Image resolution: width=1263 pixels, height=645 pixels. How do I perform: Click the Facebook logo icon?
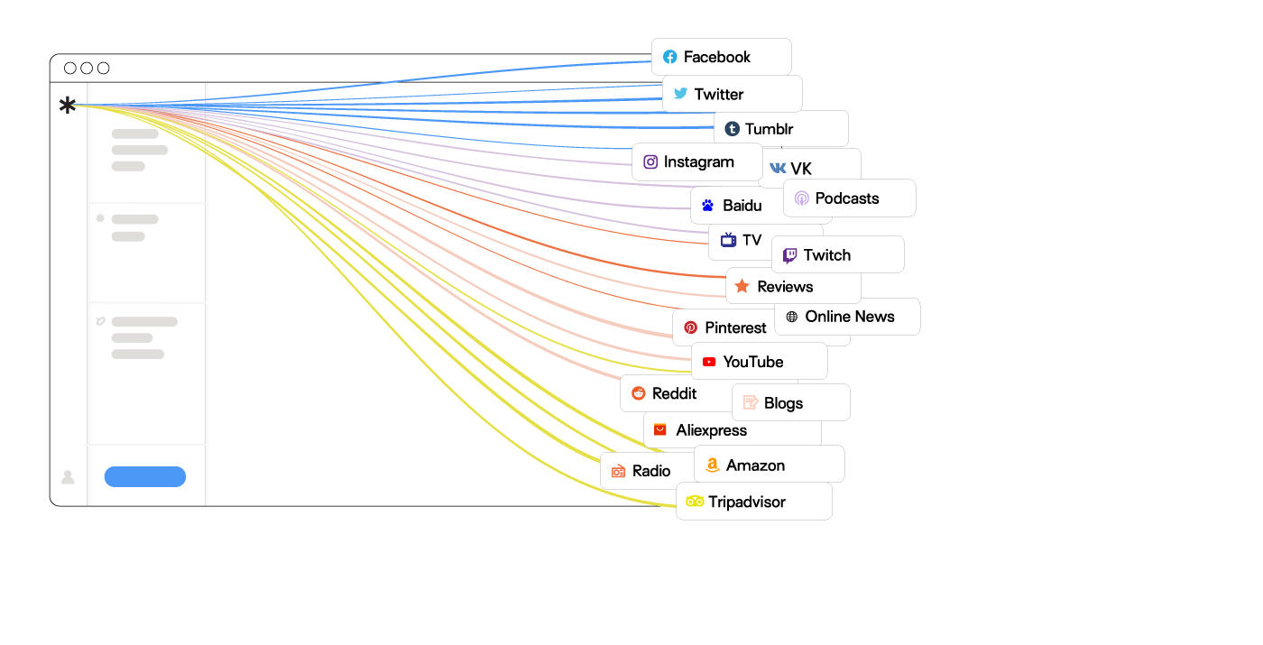(669, 57)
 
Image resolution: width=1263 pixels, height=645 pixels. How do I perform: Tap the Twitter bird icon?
(680, 93)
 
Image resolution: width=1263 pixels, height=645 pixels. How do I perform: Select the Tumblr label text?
(769, 129)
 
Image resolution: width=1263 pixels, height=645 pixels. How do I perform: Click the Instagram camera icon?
(650, 161)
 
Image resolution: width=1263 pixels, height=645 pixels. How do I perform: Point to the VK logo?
(778, 168)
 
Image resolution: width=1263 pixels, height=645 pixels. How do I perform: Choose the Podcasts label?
(847, 198)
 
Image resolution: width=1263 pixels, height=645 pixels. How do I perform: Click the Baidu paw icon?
(707, 206)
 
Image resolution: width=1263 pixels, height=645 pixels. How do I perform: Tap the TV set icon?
(729, 240)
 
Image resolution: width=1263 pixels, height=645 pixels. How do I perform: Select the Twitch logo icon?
(790, 255)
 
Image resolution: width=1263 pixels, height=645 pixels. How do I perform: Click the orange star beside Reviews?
(742, 287)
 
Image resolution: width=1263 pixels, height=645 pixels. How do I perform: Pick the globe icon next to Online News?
(792, 317)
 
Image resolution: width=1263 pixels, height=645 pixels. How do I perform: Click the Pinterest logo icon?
(691, 327)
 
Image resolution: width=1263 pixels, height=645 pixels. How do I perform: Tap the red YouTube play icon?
(709, 362)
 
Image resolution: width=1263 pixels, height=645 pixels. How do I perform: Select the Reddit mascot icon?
(639, 393)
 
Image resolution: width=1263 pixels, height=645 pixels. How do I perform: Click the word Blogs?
(783, 403)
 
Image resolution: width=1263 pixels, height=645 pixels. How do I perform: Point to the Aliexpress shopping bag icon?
(659, 429)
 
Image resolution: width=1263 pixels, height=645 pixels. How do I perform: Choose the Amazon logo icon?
(712, 465)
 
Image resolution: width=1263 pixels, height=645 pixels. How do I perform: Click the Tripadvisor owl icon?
(695, 502)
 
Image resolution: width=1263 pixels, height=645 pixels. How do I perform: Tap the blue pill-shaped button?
(145, 476)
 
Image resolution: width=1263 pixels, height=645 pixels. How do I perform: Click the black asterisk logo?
(68, 105)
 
